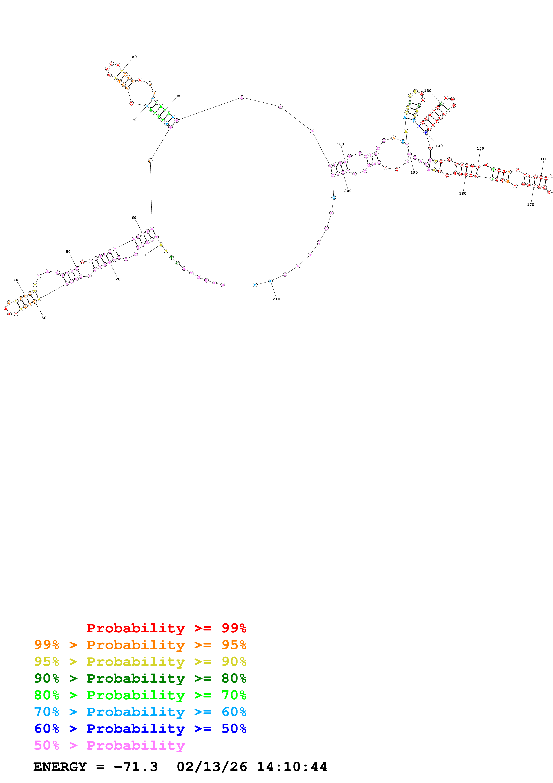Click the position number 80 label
(x=134, y=57)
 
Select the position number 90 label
(x=178, y=96)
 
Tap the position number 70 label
(x=134, y=120)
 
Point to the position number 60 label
(x=134, y=218)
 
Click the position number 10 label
(x=145, y=255)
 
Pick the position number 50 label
(x=68, y=252)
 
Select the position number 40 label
(x=16, y=280)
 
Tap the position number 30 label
(x=44, y=318)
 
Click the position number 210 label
(x=276, y=299)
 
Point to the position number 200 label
(x=348, y=191)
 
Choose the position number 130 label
(x=428, y=90)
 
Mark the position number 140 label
(x=439, y=146)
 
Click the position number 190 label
(x=414, y=173)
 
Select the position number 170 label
(x=530, y=205)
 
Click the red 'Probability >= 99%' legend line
(x=166, y=628)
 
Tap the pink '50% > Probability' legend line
(x=109, y=745)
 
